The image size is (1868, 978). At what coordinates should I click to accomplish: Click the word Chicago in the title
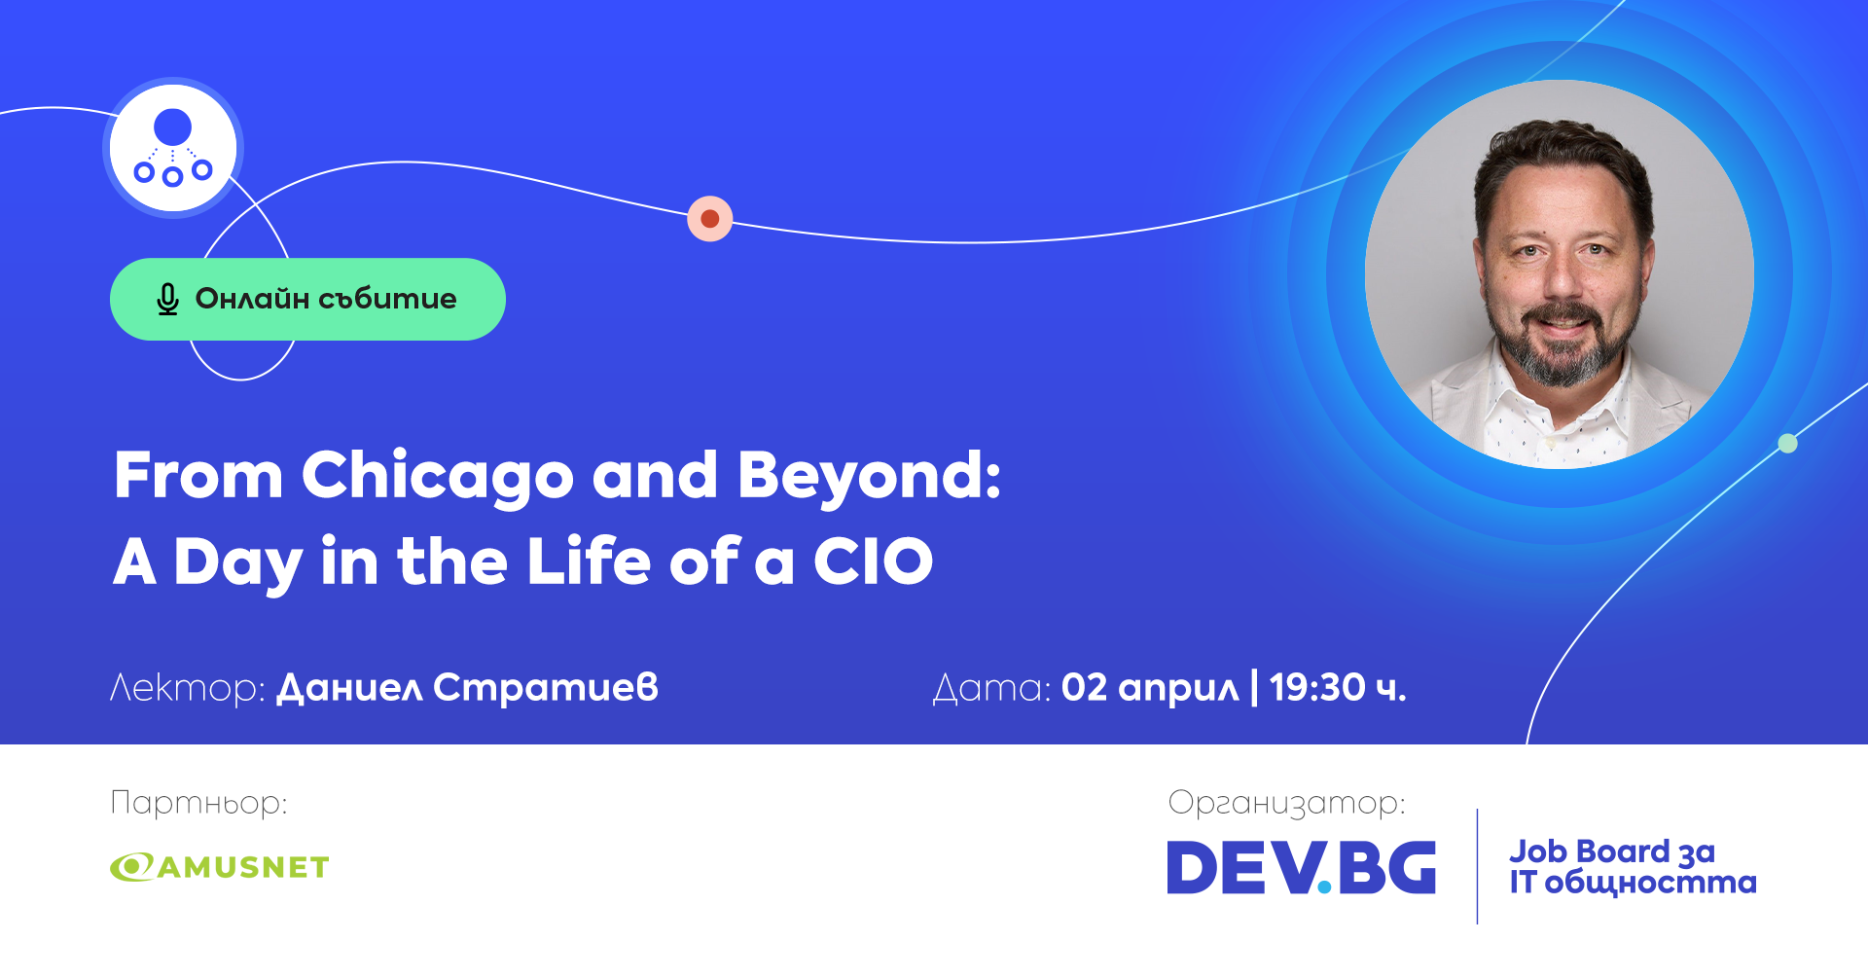point(438,476)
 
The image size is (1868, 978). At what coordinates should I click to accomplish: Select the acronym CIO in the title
point(873,561)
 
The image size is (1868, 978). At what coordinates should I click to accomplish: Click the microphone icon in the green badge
point(167,300)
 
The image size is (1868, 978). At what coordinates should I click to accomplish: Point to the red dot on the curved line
point(710,218)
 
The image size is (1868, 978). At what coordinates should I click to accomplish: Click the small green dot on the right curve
point(1787,444)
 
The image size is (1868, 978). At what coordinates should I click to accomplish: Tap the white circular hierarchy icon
point(173,148)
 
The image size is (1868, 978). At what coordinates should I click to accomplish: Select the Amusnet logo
point(220,866)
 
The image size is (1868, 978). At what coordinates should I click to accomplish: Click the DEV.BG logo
point(1301,867)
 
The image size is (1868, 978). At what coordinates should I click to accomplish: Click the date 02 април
point(1150,688)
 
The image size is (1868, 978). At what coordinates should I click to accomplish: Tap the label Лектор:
point(187,688)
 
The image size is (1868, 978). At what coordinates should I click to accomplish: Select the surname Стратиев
point(546,688)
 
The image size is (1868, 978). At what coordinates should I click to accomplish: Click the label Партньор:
point(198,803)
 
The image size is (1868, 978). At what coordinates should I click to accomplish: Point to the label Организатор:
point(1286,803)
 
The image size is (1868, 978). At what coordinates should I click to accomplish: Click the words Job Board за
point(1611,852)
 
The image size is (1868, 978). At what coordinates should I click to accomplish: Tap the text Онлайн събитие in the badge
point(325,299)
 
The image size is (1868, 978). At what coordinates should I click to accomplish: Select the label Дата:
point(991,688)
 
